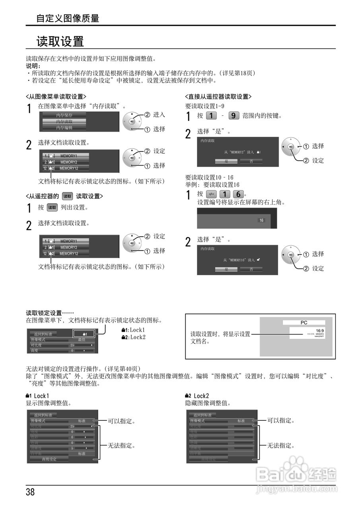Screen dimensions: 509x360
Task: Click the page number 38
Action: tap(31, 492)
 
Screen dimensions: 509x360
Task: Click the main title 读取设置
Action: tap(60, 41)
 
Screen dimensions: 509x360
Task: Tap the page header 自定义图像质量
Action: tap(68, 18)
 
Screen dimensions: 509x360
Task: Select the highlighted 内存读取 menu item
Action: tap(64, 121)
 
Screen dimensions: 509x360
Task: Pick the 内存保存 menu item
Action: tap(64, 115)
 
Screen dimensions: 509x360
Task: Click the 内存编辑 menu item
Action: tap(64, 128)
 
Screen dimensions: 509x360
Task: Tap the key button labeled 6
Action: tap(238, 194)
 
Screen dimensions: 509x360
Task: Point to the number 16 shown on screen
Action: tap(261, 220)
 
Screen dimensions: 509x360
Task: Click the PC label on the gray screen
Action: tap(304, 323)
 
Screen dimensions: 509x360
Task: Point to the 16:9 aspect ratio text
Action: tap(319, 330)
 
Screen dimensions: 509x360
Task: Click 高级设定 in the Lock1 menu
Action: tap(49, 459)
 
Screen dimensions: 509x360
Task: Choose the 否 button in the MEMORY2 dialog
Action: tap(251, 161)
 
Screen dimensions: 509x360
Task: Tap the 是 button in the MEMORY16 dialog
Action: tap(227, 269)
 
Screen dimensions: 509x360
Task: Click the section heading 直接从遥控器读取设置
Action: tap(218, 97)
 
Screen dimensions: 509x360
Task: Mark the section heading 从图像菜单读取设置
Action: tap(56, 97)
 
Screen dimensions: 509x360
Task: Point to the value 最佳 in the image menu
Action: tap(82, 340)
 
